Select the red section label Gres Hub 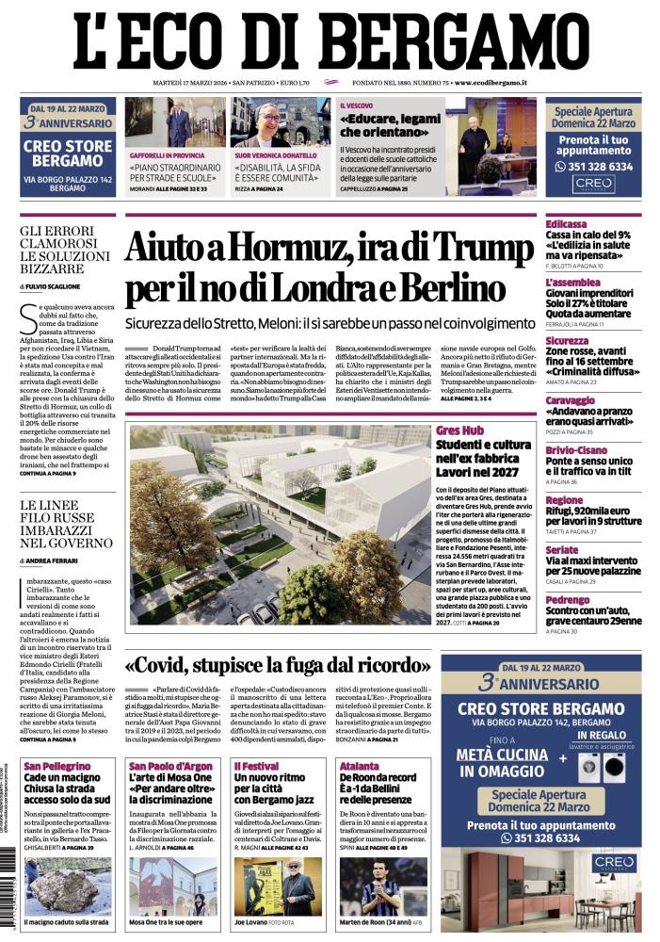[460, 430]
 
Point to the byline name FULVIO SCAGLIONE [56, 285]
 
